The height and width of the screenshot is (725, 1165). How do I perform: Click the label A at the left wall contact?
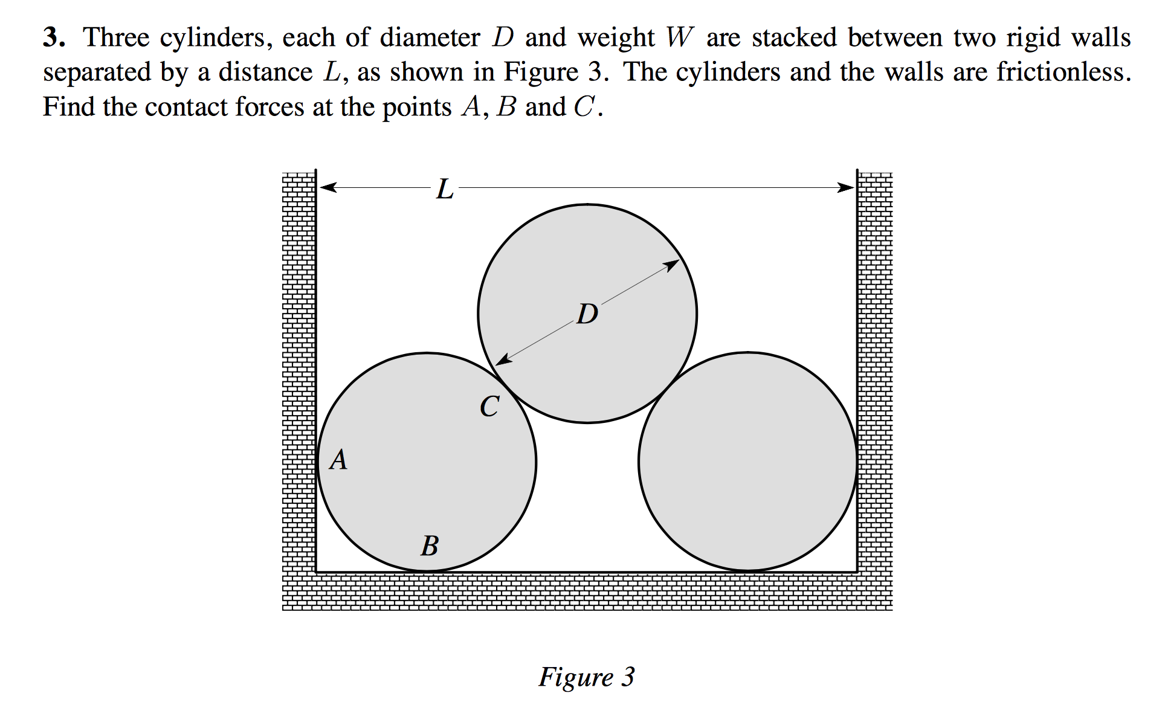coord(338,460)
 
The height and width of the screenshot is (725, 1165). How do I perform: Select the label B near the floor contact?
coord(430,546)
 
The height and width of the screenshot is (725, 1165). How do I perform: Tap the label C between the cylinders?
coord(489,406)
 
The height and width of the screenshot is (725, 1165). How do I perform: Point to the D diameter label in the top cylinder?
coord(587,314)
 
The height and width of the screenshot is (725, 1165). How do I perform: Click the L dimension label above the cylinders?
coord(445,189)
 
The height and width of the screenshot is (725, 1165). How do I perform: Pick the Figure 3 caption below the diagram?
coord(587,677)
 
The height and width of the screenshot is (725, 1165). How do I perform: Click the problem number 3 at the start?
coord(53,37)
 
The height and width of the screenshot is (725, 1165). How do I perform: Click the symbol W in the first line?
coord(680,37)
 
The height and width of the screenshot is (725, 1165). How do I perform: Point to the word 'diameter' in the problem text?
coord(430,37)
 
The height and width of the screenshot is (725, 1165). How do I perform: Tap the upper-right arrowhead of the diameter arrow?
coord(673,264)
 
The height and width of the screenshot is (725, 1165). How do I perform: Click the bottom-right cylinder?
coord(748,462)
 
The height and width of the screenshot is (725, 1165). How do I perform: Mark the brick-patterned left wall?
coord(299,375)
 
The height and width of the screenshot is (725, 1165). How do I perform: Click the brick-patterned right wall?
coord(875,375)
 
